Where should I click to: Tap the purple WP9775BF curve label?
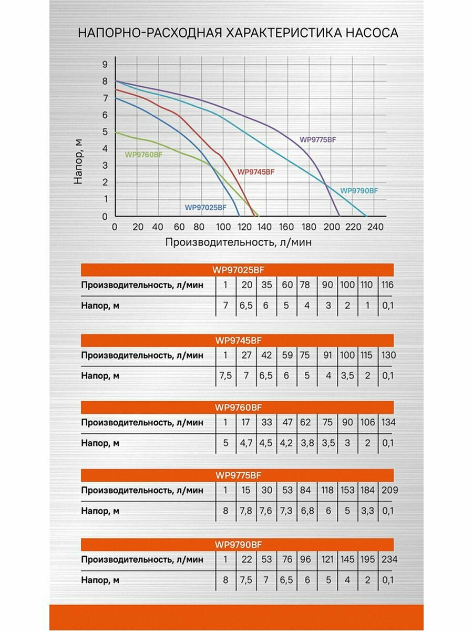click(x=317, y=139)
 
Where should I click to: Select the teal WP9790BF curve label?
click(x=359, y=190)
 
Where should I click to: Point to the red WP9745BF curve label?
click(x=256, y=172)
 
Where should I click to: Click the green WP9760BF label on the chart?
click(x=143, y=155)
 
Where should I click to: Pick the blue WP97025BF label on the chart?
click(x=205, y=208)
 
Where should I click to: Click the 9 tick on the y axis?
click(x=105, y=64)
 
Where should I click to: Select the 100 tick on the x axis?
click(x=223, y=227)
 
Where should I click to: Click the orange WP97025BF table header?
click(x=238, y=270)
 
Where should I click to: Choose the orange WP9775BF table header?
click(x=238, y=475)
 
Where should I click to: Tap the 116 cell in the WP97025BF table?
click(x=388, y=285)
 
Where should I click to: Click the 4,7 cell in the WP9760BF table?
click(x=246, y=443)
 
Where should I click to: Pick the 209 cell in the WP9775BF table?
click(x=388, y=490)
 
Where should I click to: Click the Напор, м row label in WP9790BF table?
click(x=100, y=581)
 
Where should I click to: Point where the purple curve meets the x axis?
click(x=339, y=216)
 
